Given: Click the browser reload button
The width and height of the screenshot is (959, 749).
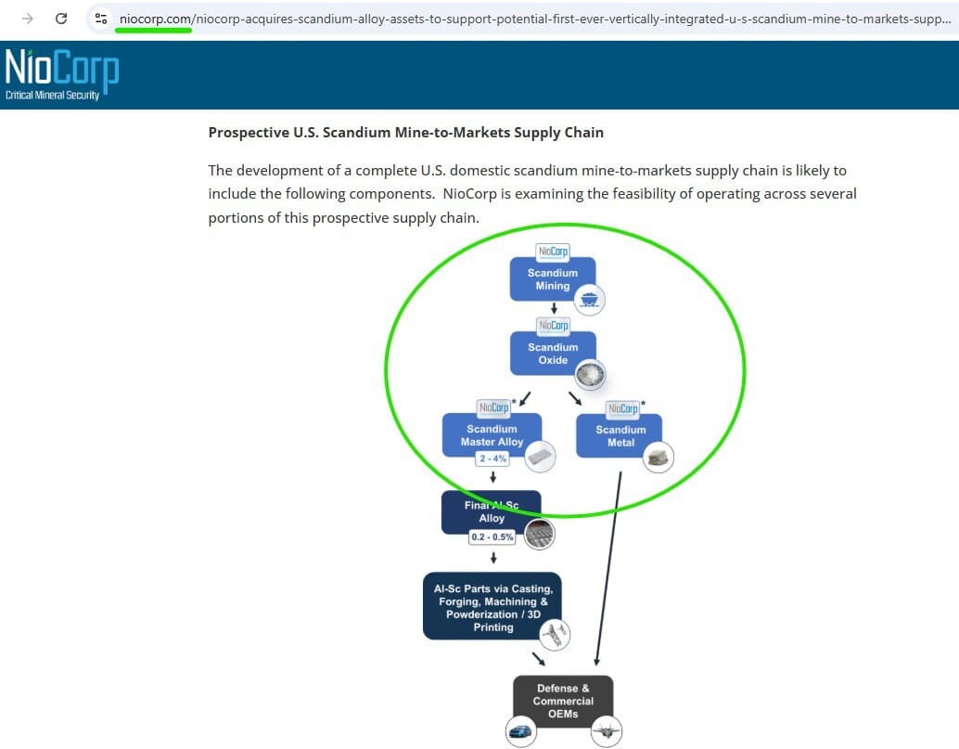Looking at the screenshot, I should click(x=61, y=19).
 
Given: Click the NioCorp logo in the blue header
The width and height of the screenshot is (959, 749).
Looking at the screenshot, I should click(x=61, y=74).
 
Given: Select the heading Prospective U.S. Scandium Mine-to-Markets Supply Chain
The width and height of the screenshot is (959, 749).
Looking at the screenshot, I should click(x=405, y=133).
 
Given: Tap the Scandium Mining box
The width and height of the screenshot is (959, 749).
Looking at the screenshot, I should click(x=552, y=279).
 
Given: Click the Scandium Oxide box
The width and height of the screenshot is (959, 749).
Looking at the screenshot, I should click(x=552, y=354).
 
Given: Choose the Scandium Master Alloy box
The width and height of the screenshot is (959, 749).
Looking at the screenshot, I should click(x=492, y=434).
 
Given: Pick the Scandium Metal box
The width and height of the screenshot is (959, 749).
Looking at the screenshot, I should click(x=620, y=436).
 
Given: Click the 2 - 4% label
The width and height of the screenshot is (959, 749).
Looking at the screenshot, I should click(x=492, y=458).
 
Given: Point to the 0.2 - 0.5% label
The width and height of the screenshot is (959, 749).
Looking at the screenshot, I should click(x=492, y=537).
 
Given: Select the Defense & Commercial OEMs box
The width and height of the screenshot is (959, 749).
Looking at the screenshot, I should click(x=563, y=701).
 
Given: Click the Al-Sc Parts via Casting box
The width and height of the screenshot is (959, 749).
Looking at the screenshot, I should click(x=492, y=607).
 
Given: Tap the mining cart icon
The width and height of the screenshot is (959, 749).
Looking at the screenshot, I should click(x=589, y=299).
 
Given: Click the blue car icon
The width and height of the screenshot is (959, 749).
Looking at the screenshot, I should click(x=521, y=731).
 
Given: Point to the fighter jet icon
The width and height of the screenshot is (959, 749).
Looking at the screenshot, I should click(x=606, y=731).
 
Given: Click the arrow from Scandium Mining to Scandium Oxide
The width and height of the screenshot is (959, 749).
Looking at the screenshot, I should click(x=554, y=309).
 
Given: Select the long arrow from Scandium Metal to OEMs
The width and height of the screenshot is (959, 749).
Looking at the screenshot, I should click(x=607, y=566).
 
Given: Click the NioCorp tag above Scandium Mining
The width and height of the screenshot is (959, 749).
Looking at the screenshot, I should click(x=554, y=252).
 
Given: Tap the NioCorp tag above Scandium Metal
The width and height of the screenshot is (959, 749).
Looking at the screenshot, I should click(x=621, y=408).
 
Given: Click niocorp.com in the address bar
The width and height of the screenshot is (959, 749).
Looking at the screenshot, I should click(x=155, y=19).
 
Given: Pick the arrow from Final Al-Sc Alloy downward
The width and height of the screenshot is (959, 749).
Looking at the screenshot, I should click(x=493, y=558).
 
